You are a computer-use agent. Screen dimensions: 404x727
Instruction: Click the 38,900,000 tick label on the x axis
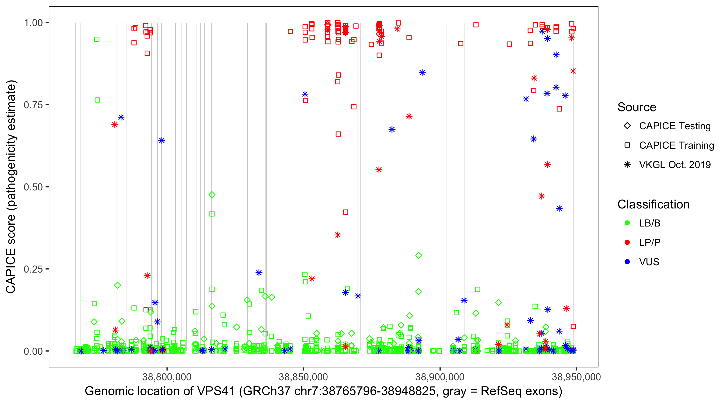point(440,377)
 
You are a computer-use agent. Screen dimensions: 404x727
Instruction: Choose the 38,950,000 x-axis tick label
point(576,377)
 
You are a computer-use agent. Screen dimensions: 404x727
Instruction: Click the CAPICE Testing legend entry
point(674,126)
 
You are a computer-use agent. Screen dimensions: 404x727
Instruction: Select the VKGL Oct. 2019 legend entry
point(674,165)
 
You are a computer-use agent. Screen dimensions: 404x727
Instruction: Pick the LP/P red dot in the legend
point(627,242)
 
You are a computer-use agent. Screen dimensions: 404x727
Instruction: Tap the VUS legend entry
point(649,262)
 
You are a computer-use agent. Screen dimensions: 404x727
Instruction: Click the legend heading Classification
point(653,204)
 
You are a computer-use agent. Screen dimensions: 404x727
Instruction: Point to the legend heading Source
point(637,107)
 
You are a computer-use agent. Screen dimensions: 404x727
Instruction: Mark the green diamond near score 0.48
point(212,195)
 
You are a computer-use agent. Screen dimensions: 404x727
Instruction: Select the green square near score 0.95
point(97,39)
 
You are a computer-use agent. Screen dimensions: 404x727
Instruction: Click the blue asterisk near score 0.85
point(422,73)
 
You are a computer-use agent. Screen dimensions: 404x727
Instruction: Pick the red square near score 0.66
point(338,134)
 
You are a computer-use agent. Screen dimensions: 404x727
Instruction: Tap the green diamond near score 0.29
point(419,256)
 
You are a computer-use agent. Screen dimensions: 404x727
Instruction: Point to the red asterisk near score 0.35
point(338,235)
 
